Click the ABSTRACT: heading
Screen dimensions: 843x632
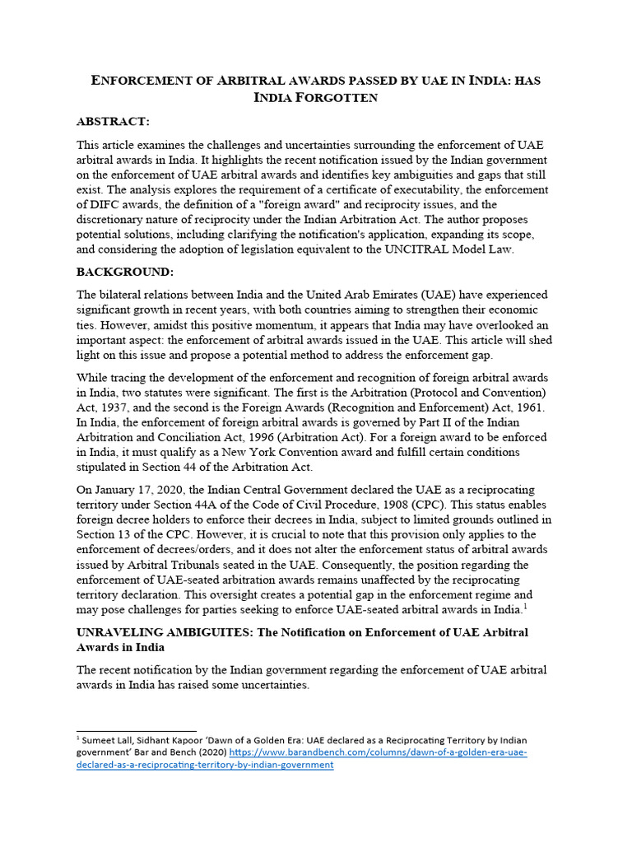tap(113, 122)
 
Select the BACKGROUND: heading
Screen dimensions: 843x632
tap(123, 271)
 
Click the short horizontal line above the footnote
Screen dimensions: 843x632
tap(136, 730)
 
